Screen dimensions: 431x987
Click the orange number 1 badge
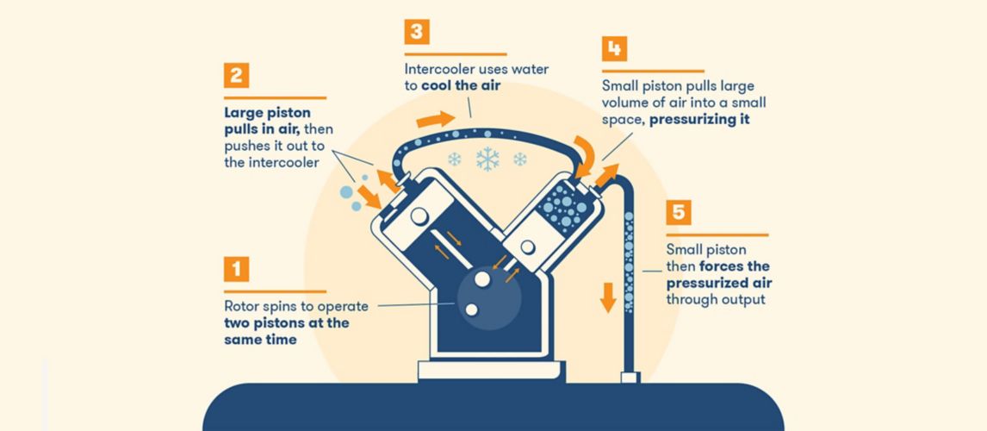[x=235, y=269]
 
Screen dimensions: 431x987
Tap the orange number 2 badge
[x=235, y=75]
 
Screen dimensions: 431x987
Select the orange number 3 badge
[x=416, y=32]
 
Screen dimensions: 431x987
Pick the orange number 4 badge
[x=613, y=48]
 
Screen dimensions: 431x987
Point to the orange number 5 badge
[x=678, y=212]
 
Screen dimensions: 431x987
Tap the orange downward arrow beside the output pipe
[x=608, y=297]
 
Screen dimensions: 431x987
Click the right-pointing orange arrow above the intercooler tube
[x=433, y=118]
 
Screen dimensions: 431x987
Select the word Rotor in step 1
[x=241, y=306]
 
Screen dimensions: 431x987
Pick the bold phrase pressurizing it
[x=699, y=119]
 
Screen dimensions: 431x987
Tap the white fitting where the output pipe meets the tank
[x=628, y=378]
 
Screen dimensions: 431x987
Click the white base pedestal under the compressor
[x=491, y=372]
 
